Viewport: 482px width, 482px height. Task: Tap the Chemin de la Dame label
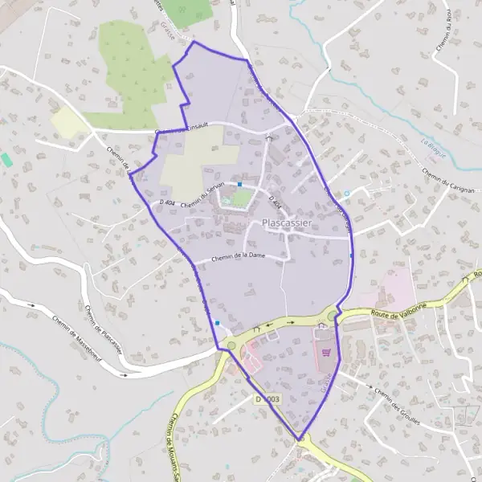click(238, 256)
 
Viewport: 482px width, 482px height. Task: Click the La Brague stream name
click(435, 147)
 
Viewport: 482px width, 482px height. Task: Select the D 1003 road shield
click(269, 399)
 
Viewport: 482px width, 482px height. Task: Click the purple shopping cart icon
click(326, 352)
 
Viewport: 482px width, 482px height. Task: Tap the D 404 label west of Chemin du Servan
click(167, 204)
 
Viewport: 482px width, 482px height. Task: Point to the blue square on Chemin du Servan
click(239, 184)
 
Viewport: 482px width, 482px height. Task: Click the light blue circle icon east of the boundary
click(347, 193)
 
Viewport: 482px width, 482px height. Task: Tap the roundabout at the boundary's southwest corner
click(232, 346)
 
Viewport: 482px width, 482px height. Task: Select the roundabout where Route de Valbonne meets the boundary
click(332, 316)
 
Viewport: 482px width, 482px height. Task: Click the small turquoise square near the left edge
click(6, 160)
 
